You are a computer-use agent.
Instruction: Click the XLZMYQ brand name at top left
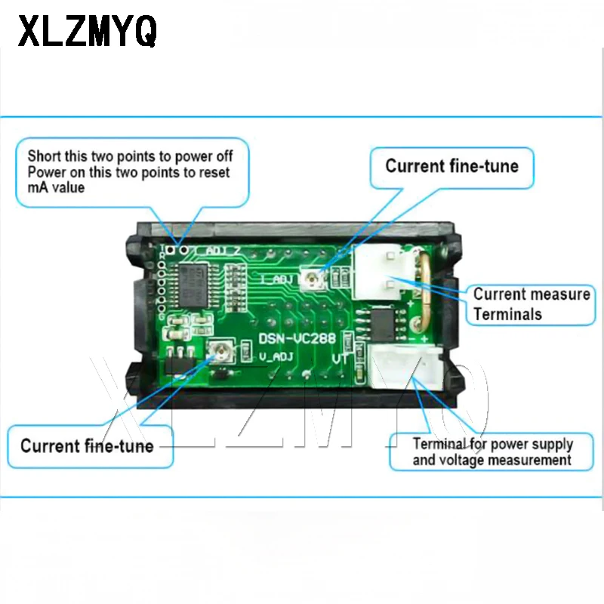click(x=88, y=32)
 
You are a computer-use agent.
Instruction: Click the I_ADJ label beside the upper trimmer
click(x=274, y=279)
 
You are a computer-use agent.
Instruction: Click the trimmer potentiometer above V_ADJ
click(x=222, y=350)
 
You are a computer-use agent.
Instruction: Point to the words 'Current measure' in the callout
click(x=532, y=294)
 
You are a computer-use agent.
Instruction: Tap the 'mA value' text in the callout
click(x=57, y=187)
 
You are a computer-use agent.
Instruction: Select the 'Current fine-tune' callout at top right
click(x=451, y=166)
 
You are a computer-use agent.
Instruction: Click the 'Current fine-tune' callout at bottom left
click(x=87, y=445)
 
